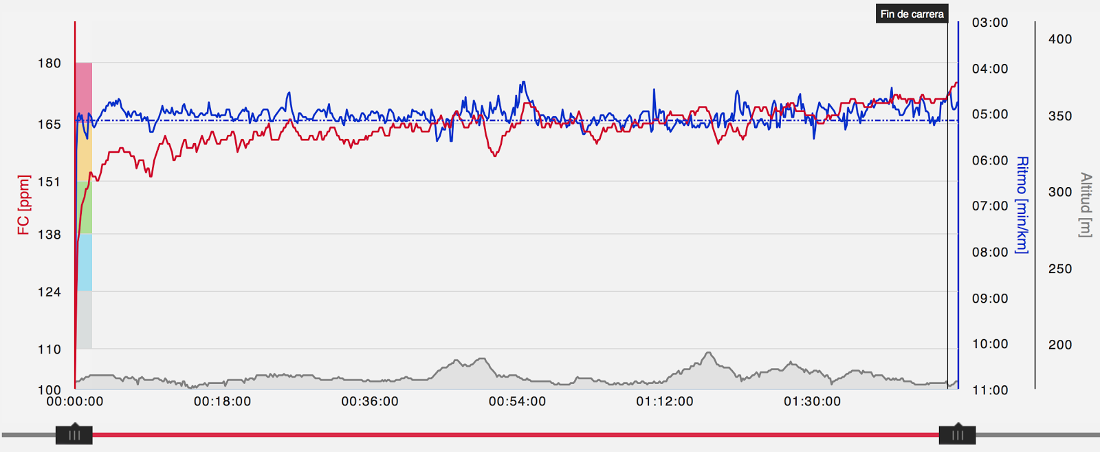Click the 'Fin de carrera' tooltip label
[x=912, y=14]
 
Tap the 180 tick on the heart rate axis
[x=49, y=63]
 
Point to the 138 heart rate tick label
[x=49, y=235]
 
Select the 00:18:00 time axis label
[x=222, y=401]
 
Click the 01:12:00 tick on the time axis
[x=665, y=401]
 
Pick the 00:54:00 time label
[x=517, y=401]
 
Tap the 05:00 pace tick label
[x=990, y=114]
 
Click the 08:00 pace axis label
[x=990, y=252]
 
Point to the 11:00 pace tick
[x=990, y=390]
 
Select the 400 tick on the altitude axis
[x=1060, y=39]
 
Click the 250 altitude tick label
[x=1060, y=269]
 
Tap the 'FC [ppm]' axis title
[x=24, y=205]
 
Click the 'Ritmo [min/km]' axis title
[x=1022, y=205]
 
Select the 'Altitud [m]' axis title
[x=1085, y=205]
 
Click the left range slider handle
[x=74, y=435]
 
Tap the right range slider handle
[x=957, y=435]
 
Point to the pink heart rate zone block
[x=84, y=93]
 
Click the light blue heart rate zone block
[x=84, y=262]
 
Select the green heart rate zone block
[x=84, y=207]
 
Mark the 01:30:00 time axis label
[x=812, y=401]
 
